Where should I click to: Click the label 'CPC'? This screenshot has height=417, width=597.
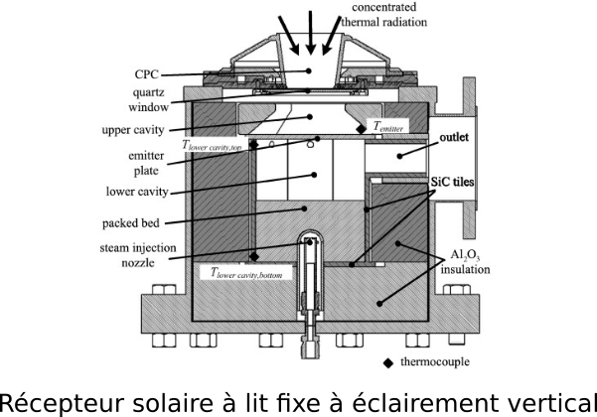pyautogui.click(x=144, y=73)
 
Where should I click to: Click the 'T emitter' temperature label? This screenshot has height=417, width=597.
pyautogui.click(x=388, y=128)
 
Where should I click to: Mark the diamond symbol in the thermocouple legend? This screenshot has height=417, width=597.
pyautogui.click(x=388, y=361)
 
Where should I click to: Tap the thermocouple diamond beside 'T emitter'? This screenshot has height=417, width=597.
pyautogui.click(x=361, y=130)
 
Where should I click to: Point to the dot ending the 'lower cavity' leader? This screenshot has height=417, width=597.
pyautogui.click(x=313, y=175)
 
